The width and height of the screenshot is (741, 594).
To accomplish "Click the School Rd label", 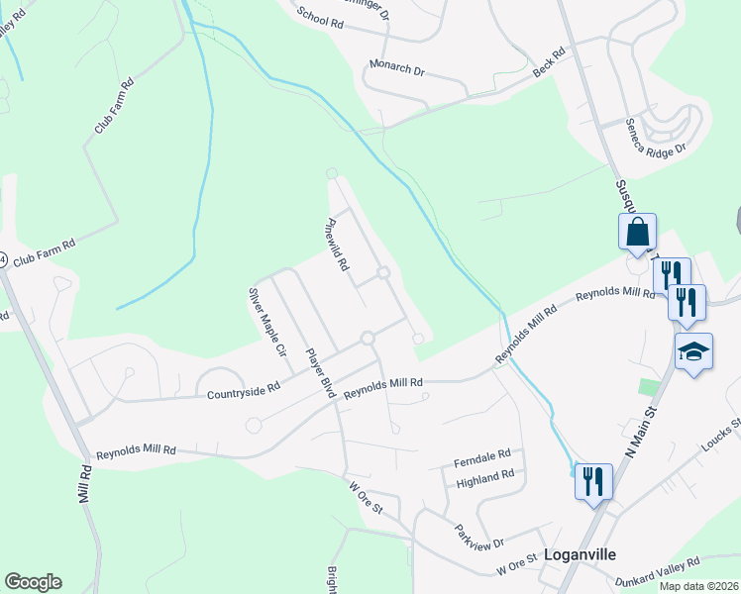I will click(x=319, y=18).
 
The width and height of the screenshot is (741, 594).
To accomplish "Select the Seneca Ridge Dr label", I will click(x=655, y=137).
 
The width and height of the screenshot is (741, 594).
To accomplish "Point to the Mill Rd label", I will click(x=85, y=484).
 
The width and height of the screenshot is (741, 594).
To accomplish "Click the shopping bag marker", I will click(x=638, y=233).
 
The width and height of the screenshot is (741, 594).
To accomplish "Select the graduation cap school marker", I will click(x=693, y=350).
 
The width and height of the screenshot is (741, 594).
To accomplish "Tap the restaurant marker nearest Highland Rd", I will click(x=593, y=482).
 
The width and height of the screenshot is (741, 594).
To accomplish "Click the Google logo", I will click(x=33, y=582).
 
